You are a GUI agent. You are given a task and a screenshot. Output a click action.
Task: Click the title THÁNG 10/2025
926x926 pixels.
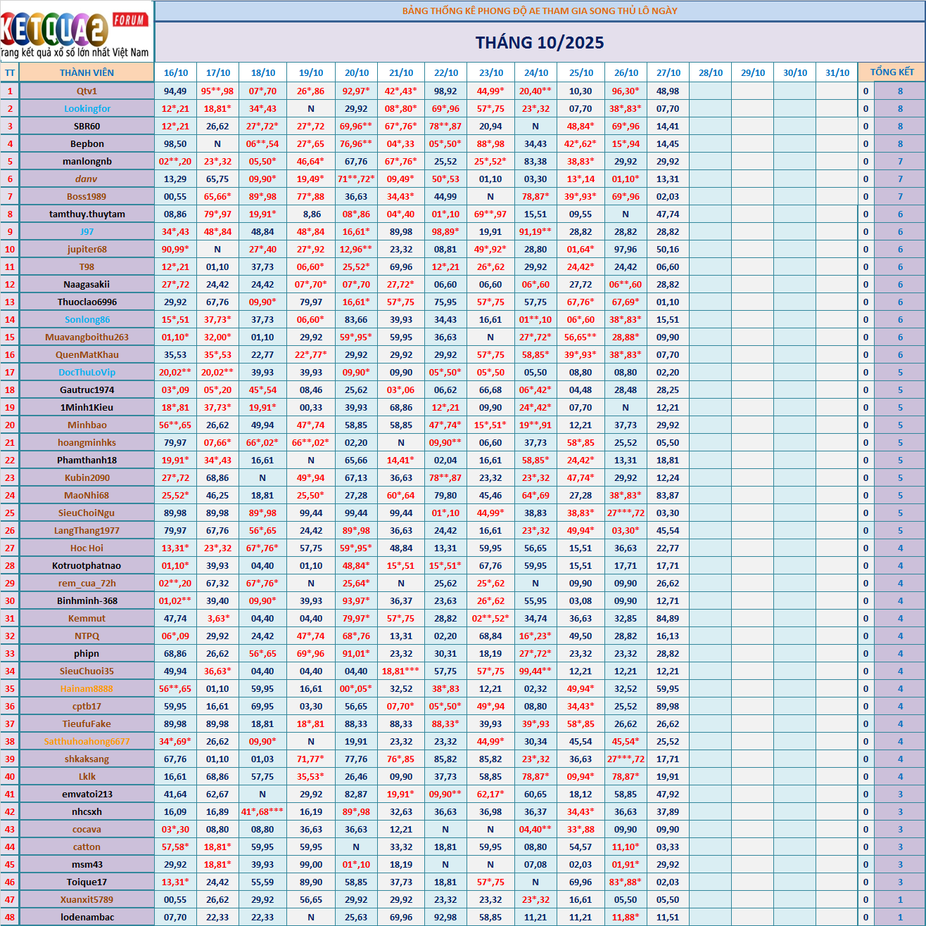pyautogui.click(x=540, y=43)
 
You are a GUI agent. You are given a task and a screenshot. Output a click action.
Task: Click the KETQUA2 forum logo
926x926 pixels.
pyautogui.click(x=76, y=32)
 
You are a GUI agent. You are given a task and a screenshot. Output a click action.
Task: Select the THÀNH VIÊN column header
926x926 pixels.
pyautogui.click(x=87, y=72)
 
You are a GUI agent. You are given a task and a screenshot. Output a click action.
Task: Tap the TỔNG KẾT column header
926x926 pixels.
pyautogui.click(x=892, y=72)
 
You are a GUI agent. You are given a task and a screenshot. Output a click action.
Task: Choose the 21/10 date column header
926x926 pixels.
pyautogui.click(x=401, y=72)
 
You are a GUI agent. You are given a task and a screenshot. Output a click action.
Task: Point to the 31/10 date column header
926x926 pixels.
pyautogui.click(x=837, y=72)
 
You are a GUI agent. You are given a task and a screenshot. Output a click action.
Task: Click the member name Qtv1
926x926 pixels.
pyautogui.click(x=87, y=91)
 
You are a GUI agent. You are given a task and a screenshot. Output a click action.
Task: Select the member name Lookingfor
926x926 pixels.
pyautogui.click(x=87, y=108)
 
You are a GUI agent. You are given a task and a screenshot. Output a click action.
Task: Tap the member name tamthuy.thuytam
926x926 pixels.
pyautogui.click(x=87, y=214)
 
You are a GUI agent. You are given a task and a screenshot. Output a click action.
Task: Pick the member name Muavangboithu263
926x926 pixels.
pyautogui.click(x=87, y=337)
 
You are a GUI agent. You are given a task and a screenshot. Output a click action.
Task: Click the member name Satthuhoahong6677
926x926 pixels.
pyautogui.click(x=87, y=741)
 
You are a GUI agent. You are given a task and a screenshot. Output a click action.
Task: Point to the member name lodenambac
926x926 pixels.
pyautogui.click(x=87, y=917)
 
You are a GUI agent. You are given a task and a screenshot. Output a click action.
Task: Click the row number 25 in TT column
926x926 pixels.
pyautogui.click(x=10, y=513)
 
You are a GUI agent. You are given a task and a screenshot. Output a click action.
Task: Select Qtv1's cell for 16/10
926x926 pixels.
pyautogui.click(x=175, y=91)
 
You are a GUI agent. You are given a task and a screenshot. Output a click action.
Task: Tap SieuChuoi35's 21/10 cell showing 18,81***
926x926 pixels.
pyautogui.click(x=401, y=671)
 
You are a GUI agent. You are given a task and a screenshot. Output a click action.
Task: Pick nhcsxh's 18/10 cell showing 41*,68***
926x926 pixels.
pyautogui.click(x=262, y=811)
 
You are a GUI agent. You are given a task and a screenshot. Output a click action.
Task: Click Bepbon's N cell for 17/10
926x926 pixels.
pyautogui.click(x=217, y=143)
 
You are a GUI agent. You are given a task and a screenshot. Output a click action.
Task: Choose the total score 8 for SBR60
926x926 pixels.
pyautogui.click(x=900, y=126)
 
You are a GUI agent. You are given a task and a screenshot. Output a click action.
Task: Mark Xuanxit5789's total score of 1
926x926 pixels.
pyautogui.click(x=900, y=899)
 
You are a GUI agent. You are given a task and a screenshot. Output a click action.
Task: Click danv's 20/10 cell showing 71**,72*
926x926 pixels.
pyautogui.click(x=356, y=179)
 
